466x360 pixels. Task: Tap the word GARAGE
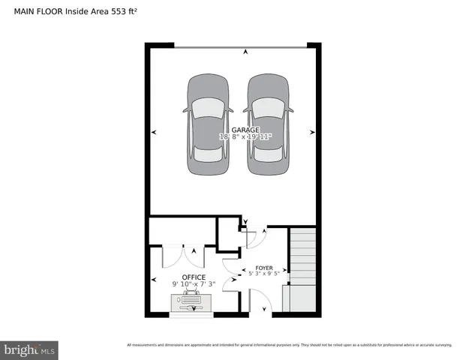pos(234,130)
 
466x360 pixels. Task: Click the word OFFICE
pos(194,277)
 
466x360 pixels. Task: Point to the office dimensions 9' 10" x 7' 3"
pos(194,284)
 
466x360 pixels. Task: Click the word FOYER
pos(263,268)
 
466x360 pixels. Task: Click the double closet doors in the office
pos(183,256)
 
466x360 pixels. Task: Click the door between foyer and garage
pos(252,239)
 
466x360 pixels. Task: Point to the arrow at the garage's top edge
pos(245,52)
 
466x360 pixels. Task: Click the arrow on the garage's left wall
pos(154,132)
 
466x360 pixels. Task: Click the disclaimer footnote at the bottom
pos(289,345)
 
